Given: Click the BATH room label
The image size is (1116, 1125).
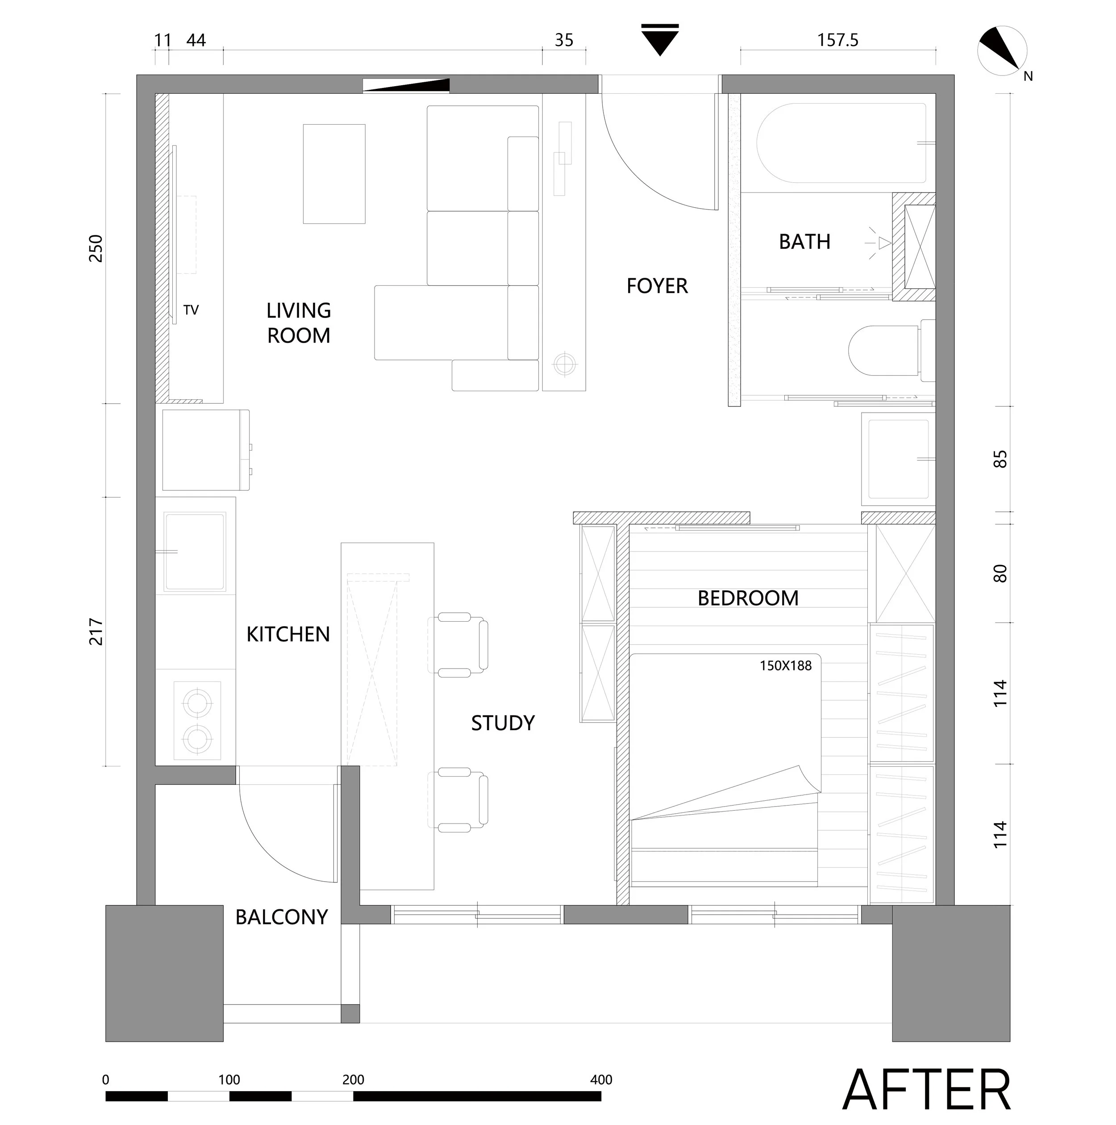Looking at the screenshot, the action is click(804, 242).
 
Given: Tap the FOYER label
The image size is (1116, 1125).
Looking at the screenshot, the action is click(657, 286).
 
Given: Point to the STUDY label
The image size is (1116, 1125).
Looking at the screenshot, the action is click(502, 723).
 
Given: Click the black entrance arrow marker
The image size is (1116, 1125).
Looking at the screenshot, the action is click(660, 40).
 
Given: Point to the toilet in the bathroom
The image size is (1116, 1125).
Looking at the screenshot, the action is click(891, 350).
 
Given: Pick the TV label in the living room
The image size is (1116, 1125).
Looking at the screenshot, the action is click(191, 310).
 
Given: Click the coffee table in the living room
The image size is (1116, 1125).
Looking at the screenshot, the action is click(334, 174).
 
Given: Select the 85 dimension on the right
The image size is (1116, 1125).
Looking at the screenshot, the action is click(999, 459).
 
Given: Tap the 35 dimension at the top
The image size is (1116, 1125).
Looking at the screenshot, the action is click(563, 40).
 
